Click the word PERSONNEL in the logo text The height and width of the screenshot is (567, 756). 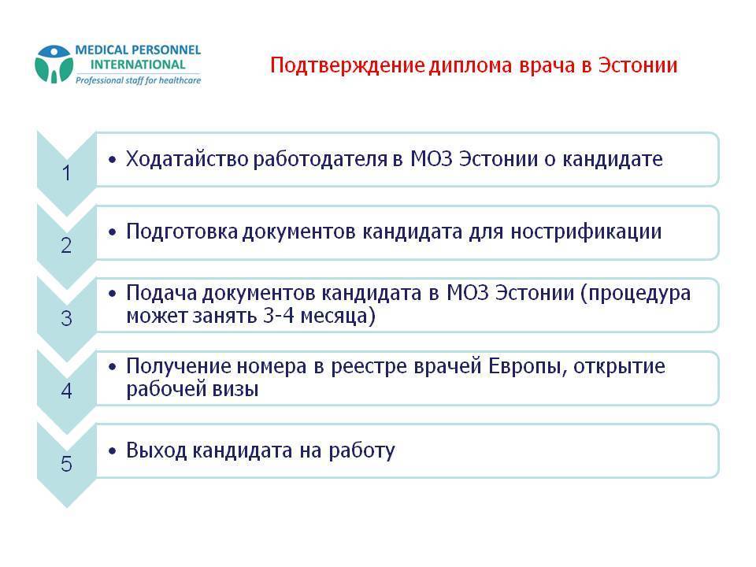[163, 50]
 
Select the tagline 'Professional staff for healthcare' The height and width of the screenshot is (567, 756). [137, 80]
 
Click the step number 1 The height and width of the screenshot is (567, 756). [66, 173]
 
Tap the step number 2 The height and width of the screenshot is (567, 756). [66, 246]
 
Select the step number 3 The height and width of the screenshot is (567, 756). [66, 319]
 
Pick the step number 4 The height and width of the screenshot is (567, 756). [66, 391]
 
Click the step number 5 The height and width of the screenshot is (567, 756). [66, 465]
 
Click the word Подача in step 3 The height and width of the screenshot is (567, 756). [160, 294]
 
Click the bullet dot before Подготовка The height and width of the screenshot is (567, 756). [113, 233]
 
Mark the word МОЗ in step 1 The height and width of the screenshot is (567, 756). [432, 160]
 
